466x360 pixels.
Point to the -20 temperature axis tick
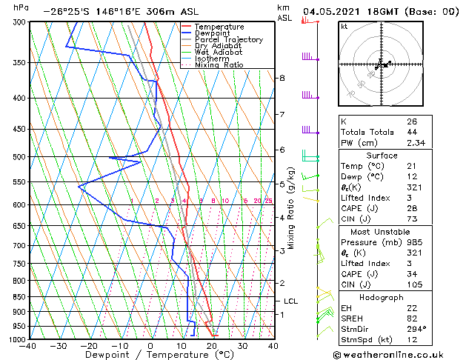(88, 345)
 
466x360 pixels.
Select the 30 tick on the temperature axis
(242, 345)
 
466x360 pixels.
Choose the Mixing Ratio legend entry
(219, 65)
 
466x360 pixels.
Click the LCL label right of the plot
(290, 301)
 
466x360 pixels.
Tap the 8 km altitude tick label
(282, 78)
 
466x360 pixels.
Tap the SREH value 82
(412, 318)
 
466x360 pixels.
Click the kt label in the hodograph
(344, 26)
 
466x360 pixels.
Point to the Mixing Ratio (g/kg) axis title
(292, 207)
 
